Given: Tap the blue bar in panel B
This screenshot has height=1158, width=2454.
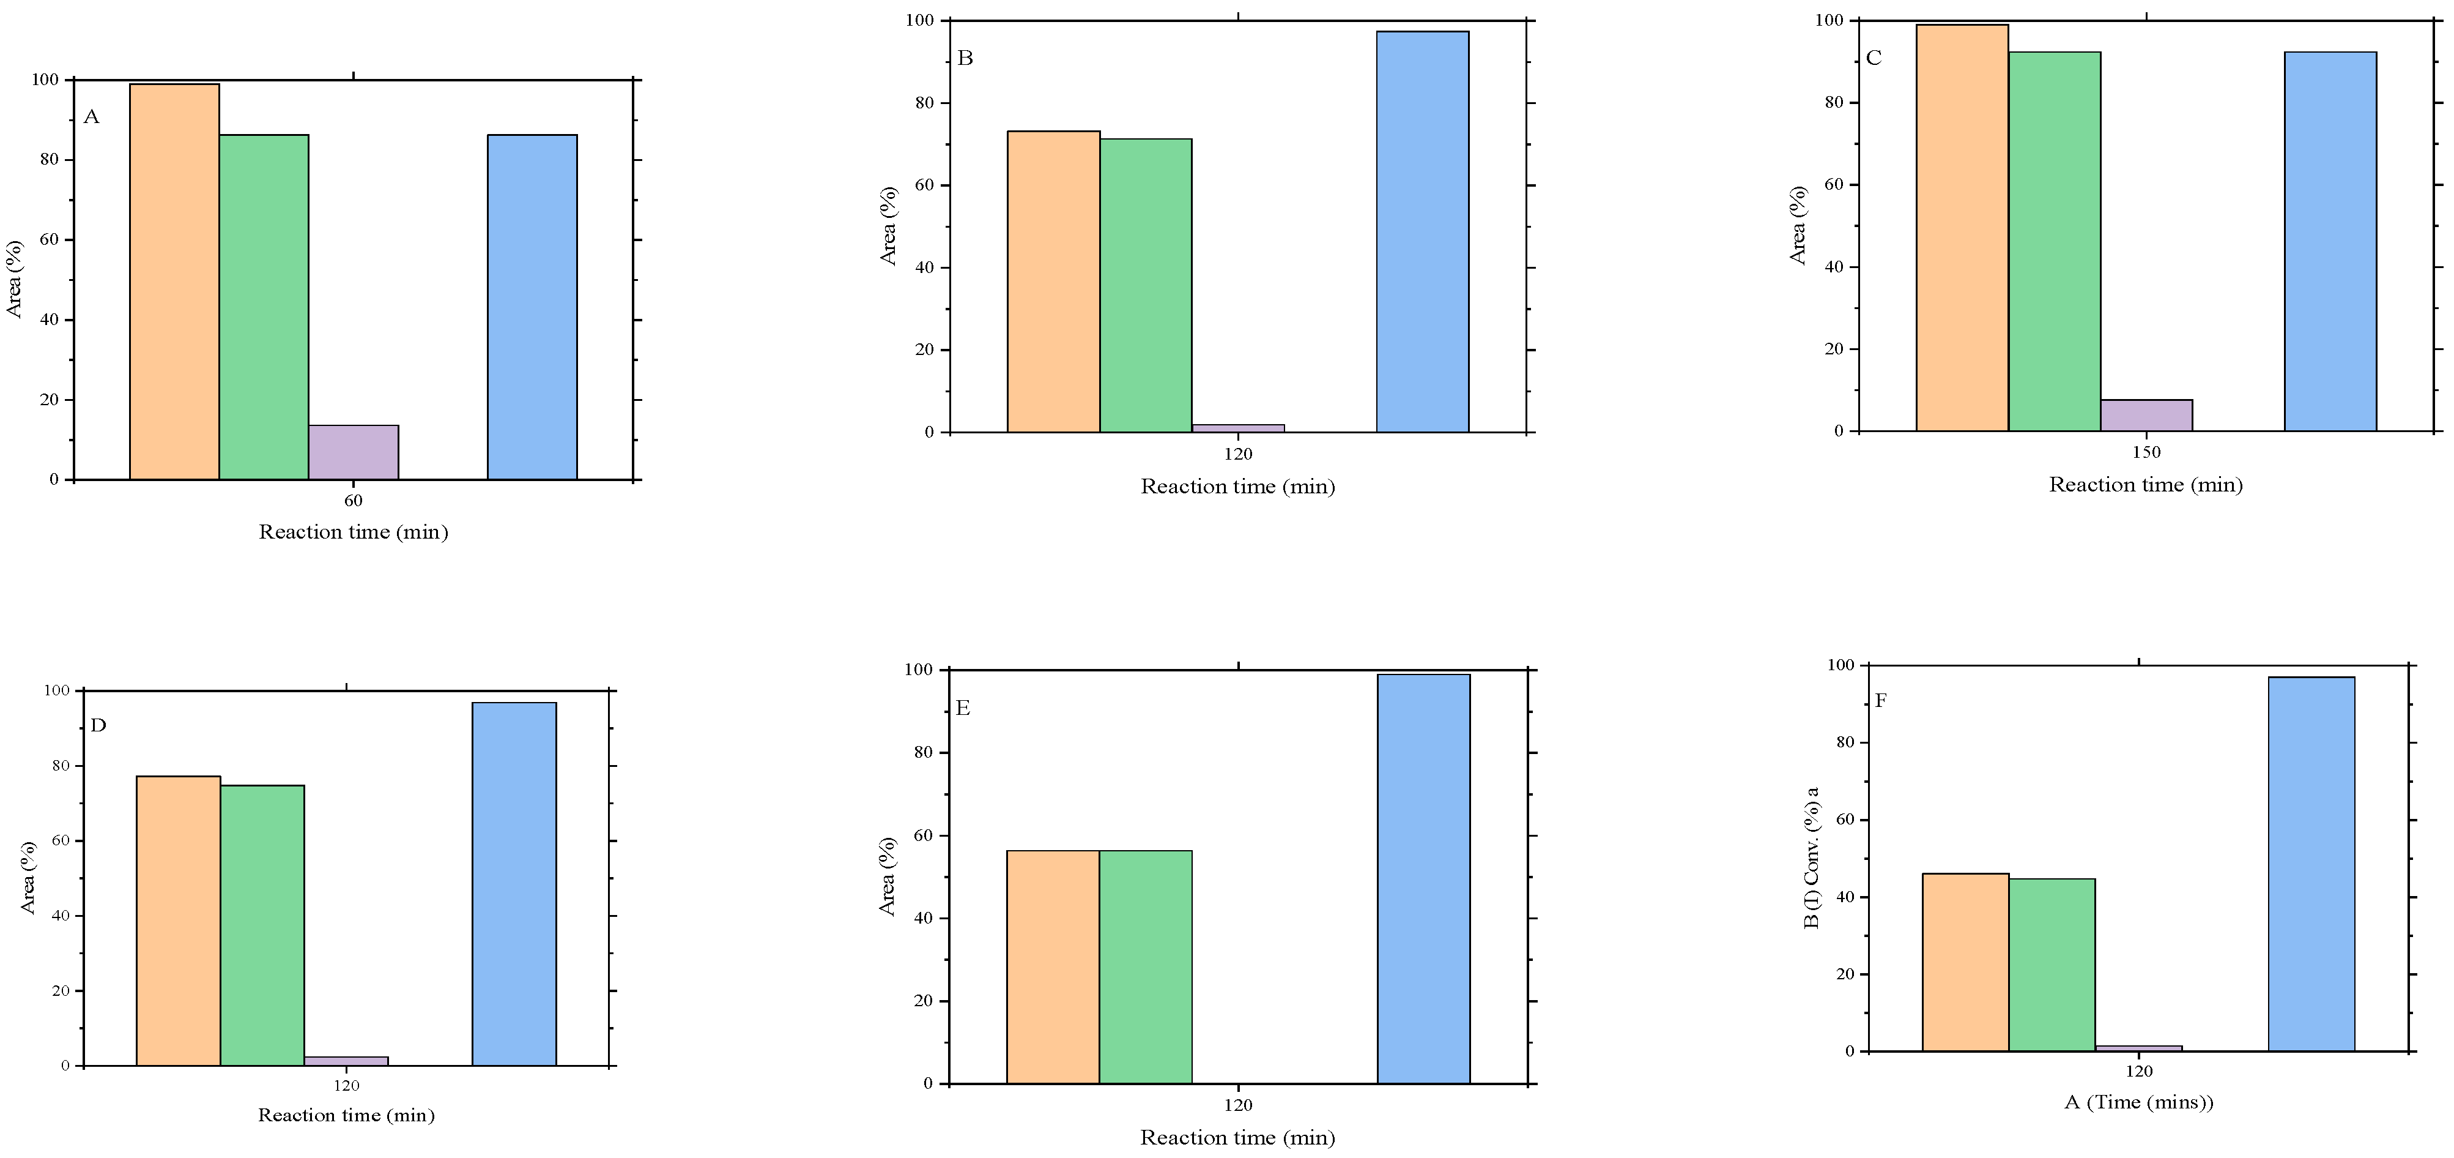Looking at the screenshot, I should click(x=1422, y=231).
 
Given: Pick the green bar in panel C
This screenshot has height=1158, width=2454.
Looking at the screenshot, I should click(x=2054, y=241).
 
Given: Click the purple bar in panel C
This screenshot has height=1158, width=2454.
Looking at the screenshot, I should click(x=2146, y=416).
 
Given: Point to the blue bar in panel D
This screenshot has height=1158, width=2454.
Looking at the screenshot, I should click(x=514, y=884).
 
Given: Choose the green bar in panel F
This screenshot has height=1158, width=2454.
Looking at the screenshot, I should click(x=2052, y=965).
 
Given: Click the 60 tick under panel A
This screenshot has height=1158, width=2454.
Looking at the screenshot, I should click(x=354, y=501).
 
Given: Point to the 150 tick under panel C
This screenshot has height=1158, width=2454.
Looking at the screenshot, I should click(x=2146, y=453).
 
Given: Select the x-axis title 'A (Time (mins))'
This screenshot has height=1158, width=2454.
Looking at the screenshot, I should click(x=2138, y=1103).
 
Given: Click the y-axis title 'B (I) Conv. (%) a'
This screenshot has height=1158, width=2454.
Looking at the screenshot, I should click(x=1812, y=857).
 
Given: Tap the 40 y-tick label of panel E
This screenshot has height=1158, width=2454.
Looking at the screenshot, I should click(x=922, y=919).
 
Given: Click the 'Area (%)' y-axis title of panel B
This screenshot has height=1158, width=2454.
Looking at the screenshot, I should click(x=889, y=226).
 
